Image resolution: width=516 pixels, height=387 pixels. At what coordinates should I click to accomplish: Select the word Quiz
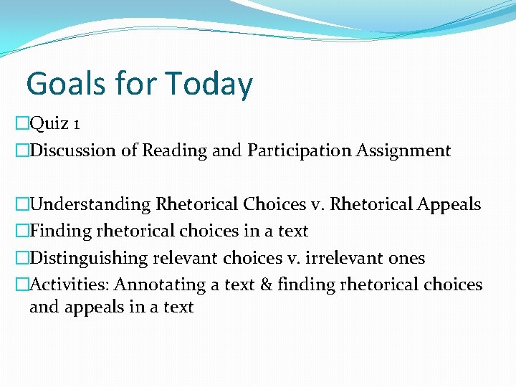click(49, 124)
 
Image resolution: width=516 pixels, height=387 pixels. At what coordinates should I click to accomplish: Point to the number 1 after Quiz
click(76, 125)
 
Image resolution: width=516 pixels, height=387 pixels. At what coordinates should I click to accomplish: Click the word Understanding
click(90, 205)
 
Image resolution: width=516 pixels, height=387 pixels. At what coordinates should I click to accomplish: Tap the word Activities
click(70, 285)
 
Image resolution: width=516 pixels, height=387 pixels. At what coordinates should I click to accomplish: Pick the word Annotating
click(159, 285)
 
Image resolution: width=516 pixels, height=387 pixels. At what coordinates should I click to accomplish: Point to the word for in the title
click(135, 84)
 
